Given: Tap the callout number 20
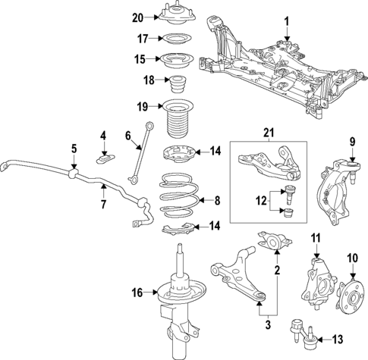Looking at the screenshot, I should tap(137, 17).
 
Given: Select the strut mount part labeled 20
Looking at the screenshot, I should tap(175, 16).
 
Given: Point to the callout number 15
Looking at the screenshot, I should tap(139, 58).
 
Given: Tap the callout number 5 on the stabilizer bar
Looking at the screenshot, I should tap(74, 149).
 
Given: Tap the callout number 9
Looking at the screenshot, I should tap(352, 141).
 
